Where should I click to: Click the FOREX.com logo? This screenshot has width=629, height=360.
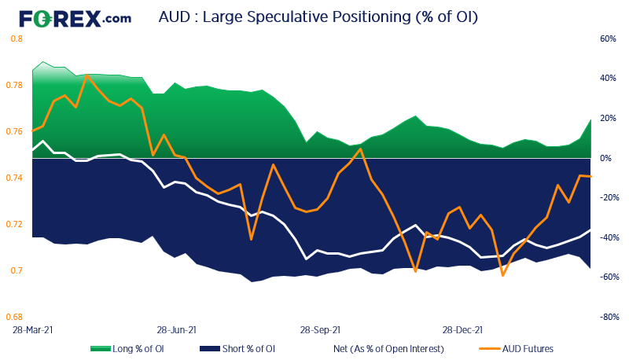pos(75,17)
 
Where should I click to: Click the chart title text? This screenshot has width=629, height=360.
pos(318,17)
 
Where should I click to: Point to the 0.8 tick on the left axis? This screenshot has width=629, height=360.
pos(16,39)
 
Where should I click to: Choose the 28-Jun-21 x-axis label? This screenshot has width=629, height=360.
pos(177,331)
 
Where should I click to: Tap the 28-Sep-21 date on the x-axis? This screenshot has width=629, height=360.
pos(321,331)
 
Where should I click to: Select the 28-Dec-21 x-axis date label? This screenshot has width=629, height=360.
pos(463,331)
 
